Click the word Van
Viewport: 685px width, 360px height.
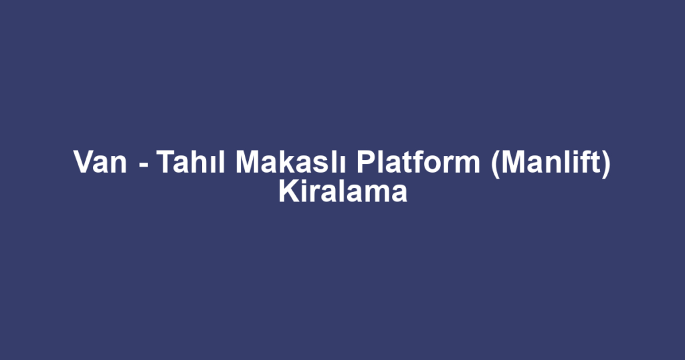tap(100, 163)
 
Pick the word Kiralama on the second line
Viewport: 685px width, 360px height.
tap(342, 193)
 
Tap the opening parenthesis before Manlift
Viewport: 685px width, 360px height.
tap(494, 165)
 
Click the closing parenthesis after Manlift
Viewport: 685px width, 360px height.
tap(606, 165)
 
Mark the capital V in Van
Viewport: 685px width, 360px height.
tap(82, 163)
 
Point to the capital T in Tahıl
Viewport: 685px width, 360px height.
tap(165, 163)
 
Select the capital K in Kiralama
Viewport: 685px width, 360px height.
tap(286, 193)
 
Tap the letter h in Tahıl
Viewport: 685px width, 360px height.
tap(197, 163)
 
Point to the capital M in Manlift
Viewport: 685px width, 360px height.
tap(512, 163)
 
